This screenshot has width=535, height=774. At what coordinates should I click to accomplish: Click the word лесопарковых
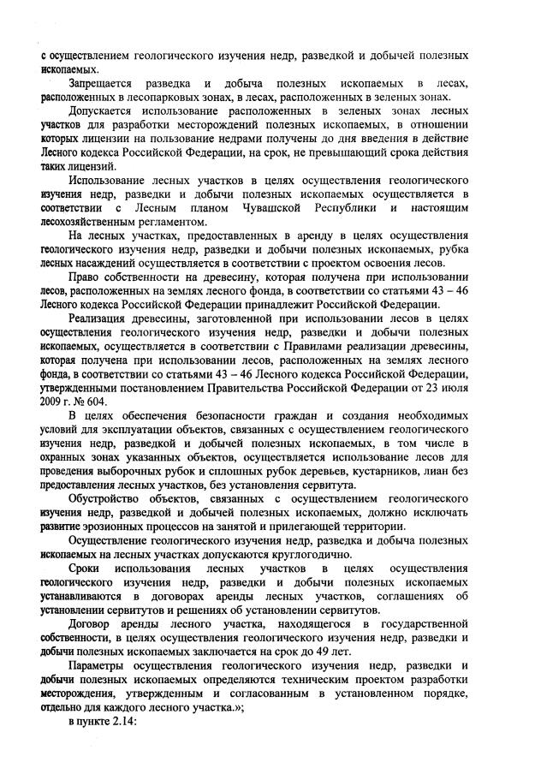tap(146, 97)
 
